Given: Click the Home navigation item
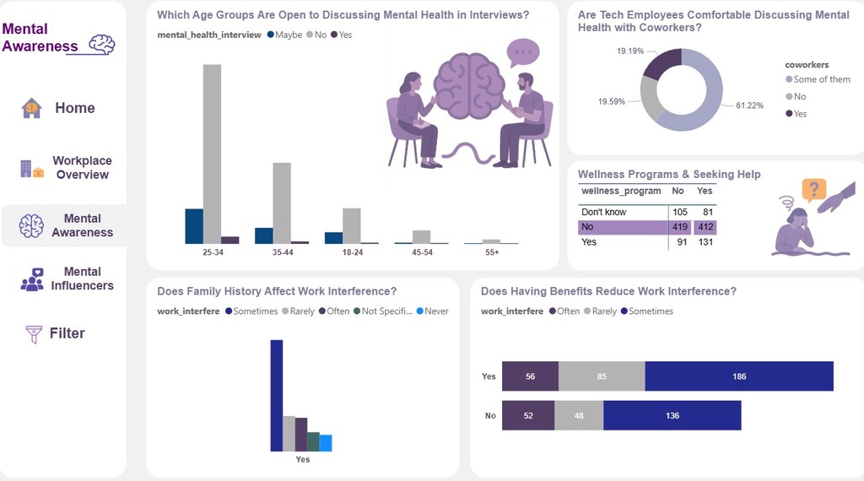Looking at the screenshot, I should [x=74, y=108].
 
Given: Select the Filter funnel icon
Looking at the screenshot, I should [x=34, y=334].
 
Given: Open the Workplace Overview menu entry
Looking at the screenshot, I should [x=82, y=168].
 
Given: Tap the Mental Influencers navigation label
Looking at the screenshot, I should [x=82, y=279].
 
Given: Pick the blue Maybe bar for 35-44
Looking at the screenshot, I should [x=264, y=235].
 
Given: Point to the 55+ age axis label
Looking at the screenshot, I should [x=492, y=252].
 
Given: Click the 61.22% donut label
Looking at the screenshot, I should [x=749, y=105].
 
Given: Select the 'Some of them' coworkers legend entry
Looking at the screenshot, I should [x=821, y=79].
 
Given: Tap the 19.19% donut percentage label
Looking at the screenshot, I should [x=630, y=51].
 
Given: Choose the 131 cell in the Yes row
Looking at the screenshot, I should [x=705, y=242].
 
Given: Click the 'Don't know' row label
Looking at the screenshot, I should [x=604, y=212].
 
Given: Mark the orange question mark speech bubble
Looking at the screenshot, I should [x=813, y=189].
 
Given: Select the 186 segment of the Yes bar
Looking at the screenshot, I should [x=739, y=376].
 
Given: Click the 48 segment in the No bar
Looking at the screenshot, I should [x=579, y=415].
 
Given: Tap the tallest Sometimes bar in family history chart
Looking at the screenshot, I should [x=276, y=396].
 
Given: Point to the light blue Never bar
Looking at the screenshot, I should [x=326, y=443].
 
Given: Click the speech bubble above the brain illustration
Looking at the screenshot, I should [x=523, y=52].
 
